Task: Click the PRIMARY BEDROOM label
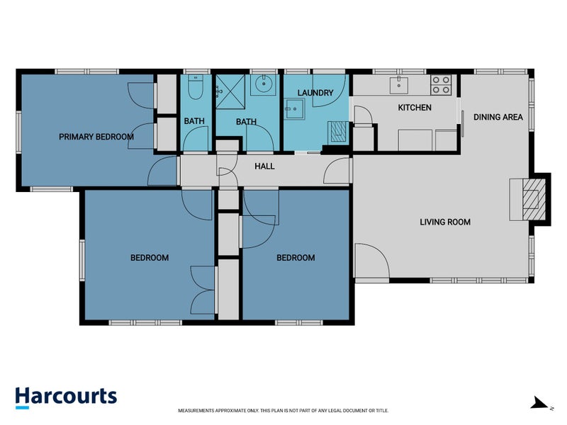click(96, 137)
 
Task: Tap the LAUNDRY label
click(315, 93)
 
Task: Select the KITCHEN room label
click(415, 108)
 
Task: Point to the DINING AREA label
click(498, 117)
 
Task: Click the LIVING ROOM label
click(445, 222)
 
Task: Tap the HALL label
click(264, 166)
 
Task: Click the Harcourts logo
click(66, 397)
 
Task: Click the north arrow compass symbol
click(541, 403)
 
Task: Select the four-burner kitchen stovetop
click(441, 85)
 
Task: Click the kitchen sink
click(399, 85)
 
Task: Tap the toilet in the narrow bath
click(196, 87)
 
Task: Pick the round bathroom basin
click(264, 84)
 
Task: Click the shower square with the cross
click(230, 92)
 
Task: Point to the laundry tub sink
click(294, 109)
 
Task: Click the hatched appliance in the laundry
click(338, 132)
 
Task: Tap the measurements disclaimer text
click(283, 411)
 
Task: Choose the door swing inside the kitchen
click(363, 115)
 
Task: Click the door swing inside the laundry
click(330, 91)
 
